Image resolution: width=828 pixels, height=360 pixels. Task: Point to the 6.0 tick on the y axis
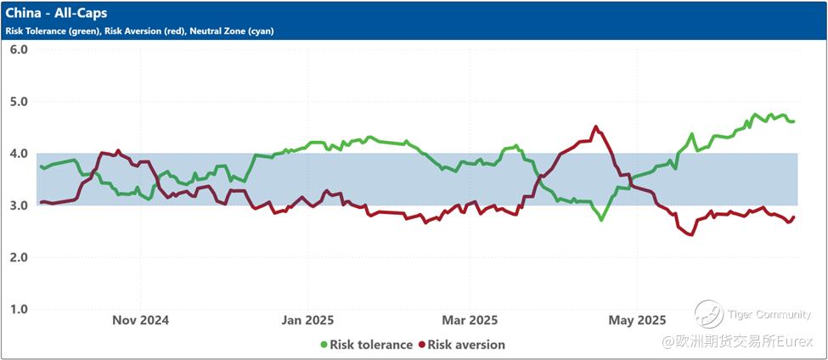pos(19,49)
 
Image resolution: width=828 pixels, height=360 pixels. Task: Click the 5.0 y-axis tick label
pos(19,102)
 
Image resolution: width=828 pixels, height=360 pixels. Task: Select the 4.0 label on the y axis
pos(19,154)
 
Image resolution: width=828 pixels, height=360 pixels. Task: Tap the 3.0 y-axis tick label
pos(19,205)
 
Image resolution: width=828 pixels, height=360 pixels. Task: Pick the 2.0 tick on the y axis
pos(19,257)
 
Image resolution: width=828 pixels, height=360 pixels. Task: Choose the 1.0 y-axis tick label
pos(19,309)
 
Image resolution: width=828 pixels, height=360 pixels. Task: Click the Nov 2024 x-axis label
pos(140,320)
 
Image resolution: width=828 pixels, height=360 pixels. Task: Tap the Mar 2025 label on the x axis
pos(470,320)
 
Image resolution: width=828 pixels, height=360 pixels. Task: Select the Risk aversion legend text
pos(466,345)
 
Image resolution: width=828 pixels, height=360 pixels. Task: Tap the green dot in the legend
pos(324,345)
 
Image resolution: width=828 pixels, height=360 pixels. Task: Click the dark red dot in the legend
pos(421,345)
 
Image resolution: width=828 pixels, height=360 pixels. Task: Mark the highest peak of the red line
pos(595,127)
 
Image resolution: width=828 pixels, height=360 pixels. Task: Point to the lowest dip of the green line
pos(601,220)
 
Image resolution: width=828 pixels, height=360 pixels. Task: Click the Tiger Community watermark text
pos(769,315)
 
